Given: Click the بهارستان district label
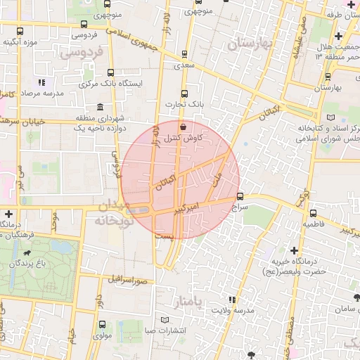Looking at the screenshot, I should pyautogui.click(x=250, y=44).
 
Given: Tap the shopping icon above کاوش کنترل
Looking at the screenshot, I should pyautogui.click(x=183, y=127).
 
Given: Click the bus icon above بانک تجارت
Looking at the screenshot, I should pyautogui.click(x=184, y=92).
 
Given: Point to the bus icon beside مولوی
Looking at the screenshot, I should pyautogui.click(x=103, y=325).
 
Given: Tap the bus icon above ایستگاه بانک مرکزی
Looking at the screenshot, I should pyautogui.click(x=111, y=72).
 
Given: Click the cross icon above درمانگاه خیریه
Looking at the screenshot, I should pyautogui.click(x=292, y=250).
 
